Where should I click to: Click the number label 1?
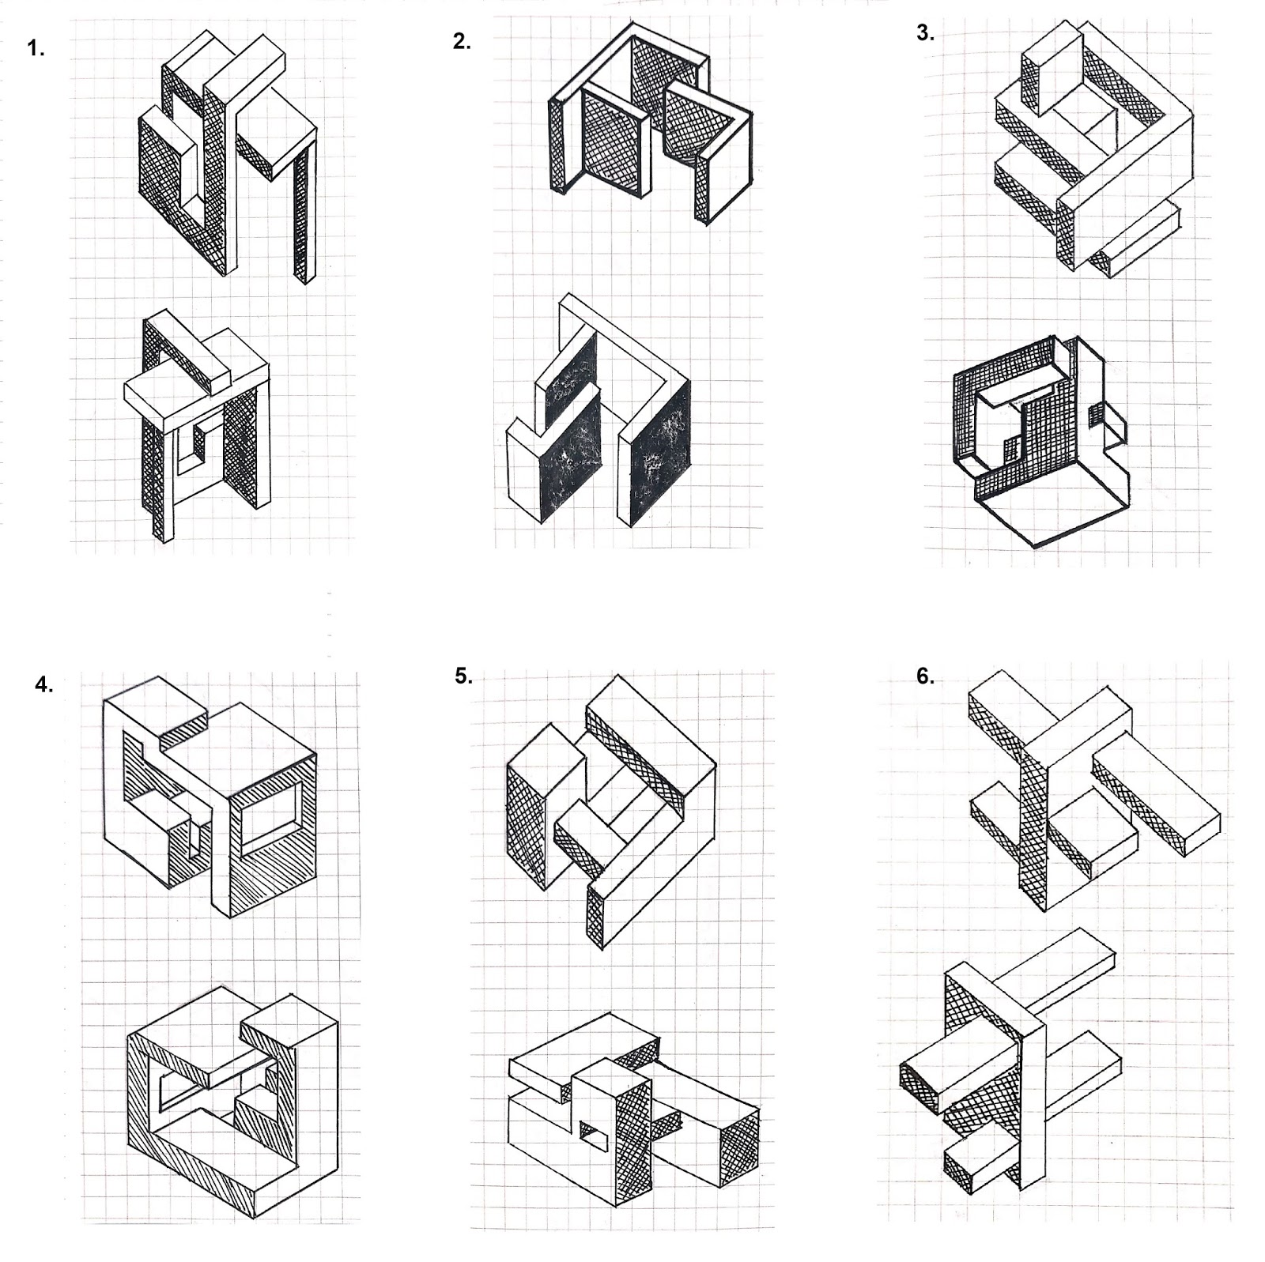click(36, 48)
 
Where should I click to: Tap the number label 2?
click(462, 42)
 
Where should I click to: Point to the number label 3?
click(925, 33)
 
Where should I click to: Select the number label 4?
click(44, 684)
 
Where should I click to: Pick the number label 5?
click(463, 676)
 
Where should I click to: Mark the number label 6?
click(925, 676)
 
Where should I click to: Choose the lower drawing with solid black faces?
click(599, 411)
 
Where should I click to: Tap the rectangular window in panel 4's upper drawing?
click(270, 813)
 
